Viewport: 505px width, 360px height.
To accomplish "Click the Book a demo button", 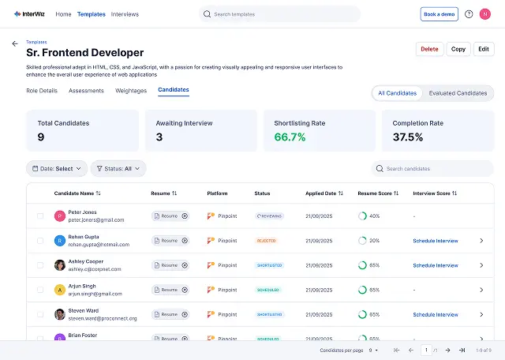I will click(x=439, y=14).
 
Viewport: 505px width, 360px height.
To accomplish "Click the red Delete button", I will click(x=429, y=49).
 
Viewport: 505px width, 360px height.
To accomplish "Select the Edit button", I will click(x=484, y=49).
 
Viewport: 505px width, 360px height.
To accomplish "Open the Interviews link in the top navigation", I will click(x=125, y=14).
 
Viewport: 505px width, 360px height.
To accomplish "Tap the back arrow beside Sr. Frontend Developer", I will click(x=14, y=44).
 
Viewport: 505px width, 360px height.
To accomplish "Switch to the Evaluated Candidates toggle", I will click(x=458, y=93).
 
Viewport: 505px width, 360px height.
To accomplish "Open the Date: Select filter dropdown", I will click(x=57, y=168).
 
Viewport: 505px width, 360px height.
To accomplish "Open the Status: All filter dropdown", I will click(x=118, y=168).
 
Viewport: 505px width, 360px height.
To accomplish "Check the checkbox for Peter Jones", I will click(x=40, y=216).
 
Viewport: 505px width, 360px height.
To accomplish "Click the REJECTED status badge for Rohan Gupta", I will click(x=266, y=241).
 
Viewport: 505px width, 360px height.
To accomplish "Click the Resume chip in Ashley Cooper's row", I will click(x=170, y=265).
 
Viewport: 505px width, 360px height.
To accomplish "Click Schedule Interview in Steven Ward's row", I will click(x=436, y=314).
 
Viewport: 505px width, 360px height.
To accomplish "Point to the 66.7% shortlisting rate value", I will click(x=290, y=137).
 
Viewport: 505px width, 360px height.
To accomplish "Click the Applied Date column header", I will click(x=324, y=193).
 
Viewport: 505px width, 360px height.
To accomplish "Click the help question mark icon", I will click(x=469, y=14).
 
